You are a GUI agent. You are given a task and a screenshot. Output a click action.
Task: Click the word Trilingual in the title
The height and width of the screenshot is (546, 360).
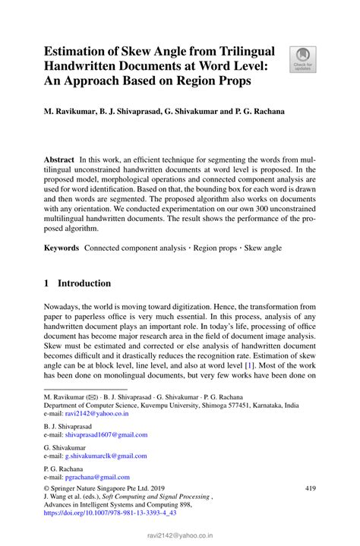[239, 51]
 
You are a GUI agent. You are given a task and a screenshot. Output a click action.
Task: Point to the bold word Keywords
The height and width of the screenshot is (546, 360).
[62, 248]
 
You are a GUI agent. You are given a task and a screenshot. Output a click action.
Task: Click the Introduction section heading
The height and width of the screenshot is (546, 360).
[86, 283]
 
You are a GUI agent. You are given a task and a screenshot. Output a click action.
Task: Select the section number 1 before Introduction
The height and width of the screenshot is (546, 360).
[47, 283]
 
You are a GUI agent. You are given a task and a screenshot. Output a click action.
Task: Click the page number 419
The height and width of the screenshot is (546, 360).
[309, 488]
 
